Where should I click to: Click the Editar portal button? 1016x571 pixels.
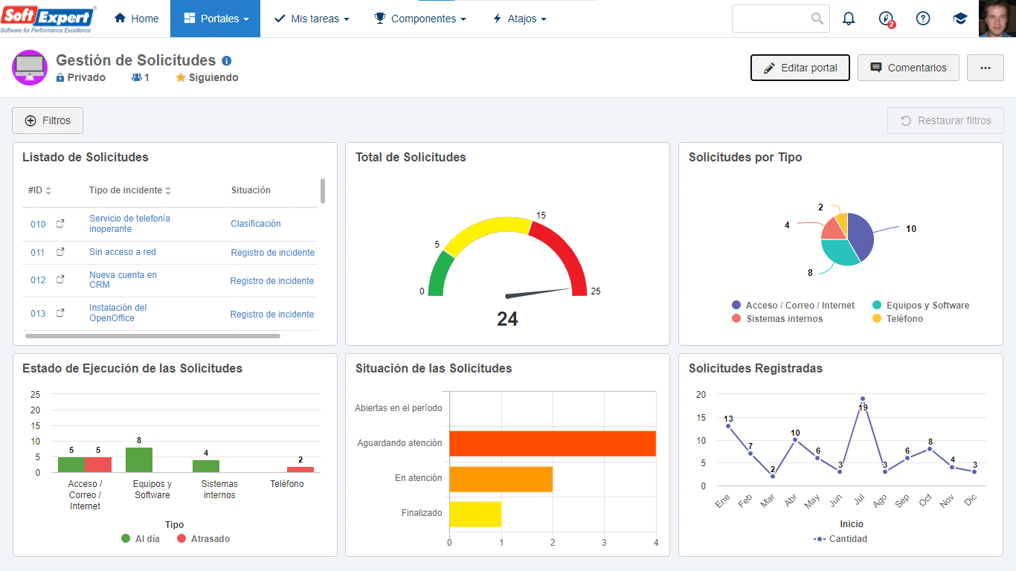[x=800, y=68]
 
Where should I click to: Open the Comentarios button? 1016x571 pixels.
[x=908, y=68]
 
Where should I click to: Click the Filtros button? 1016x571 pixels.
[x=48, y=120]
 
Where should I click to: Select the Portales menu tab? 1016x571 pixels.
[x=216, y=19]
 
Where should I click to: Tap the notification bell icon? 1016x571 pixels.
[x=849, y=19]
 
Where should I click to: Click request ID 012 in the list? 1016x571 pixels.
[x=38, y=280]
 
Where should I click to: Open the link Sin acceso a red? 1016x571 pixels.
[x=123, y=252]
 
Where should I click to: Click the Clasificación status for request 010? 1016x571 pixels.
[x=256, y=224]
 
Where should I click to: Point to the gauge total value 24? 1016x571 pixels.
[x=507, y=319]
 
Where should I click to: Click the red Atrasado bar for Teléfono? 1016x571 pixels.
[x=300, y=469]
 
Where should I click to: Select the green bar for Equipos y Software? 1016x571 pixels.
[x=139, y=460]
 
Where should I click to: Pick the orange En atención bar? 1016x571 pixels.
[x=501, y=479]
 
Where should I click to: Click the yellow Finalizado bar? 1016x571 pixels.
[x=475, y=514]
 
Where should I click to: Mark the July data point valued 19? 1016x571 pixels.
[x=863, y=399]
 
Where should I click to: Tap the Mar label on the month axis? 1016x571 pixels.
[x=768, y=501]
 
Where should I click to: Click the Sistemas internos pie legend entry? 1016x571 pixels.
[x=784, y=318]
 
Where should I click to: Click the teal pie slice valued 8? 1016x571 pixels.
[x=838, y=251]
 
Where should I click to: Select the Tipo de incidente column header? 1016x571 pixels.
[x=126, y=190]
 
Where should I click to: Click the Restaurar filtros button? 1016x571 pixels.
[x=945, y=120]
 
